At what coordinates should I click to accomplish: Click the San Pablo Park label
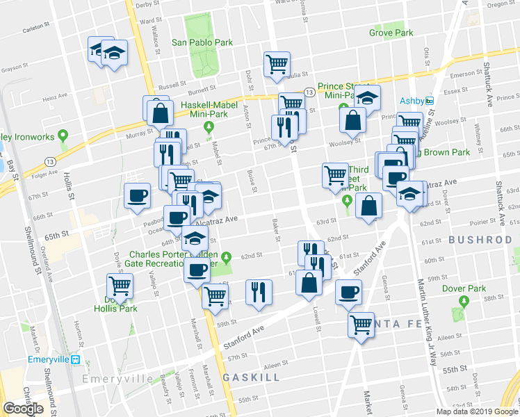(202, 42)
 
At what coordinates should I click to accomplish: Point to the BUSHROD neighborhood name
(480, 240)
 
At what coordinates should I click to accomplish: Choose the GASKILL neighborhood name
(251, 377)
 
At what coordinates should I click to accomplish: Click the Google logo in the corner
(23, 409)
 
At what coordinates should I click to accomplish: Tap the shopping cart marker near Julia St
(277, 64)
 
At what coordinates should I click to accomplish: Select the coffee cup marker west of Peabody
(137, 195)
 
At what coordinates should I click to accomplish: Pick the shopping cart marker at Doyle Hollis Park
(120, 285)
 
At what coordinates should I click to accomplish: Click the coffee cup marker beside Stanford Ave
(348, 292)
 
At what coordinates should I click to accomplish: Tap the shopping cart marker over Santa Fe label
(361, 324)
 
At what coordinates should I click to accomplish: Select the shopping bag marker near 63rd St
(368, 206)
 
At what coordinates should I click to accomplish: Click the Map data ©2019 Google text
(477, 411)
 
